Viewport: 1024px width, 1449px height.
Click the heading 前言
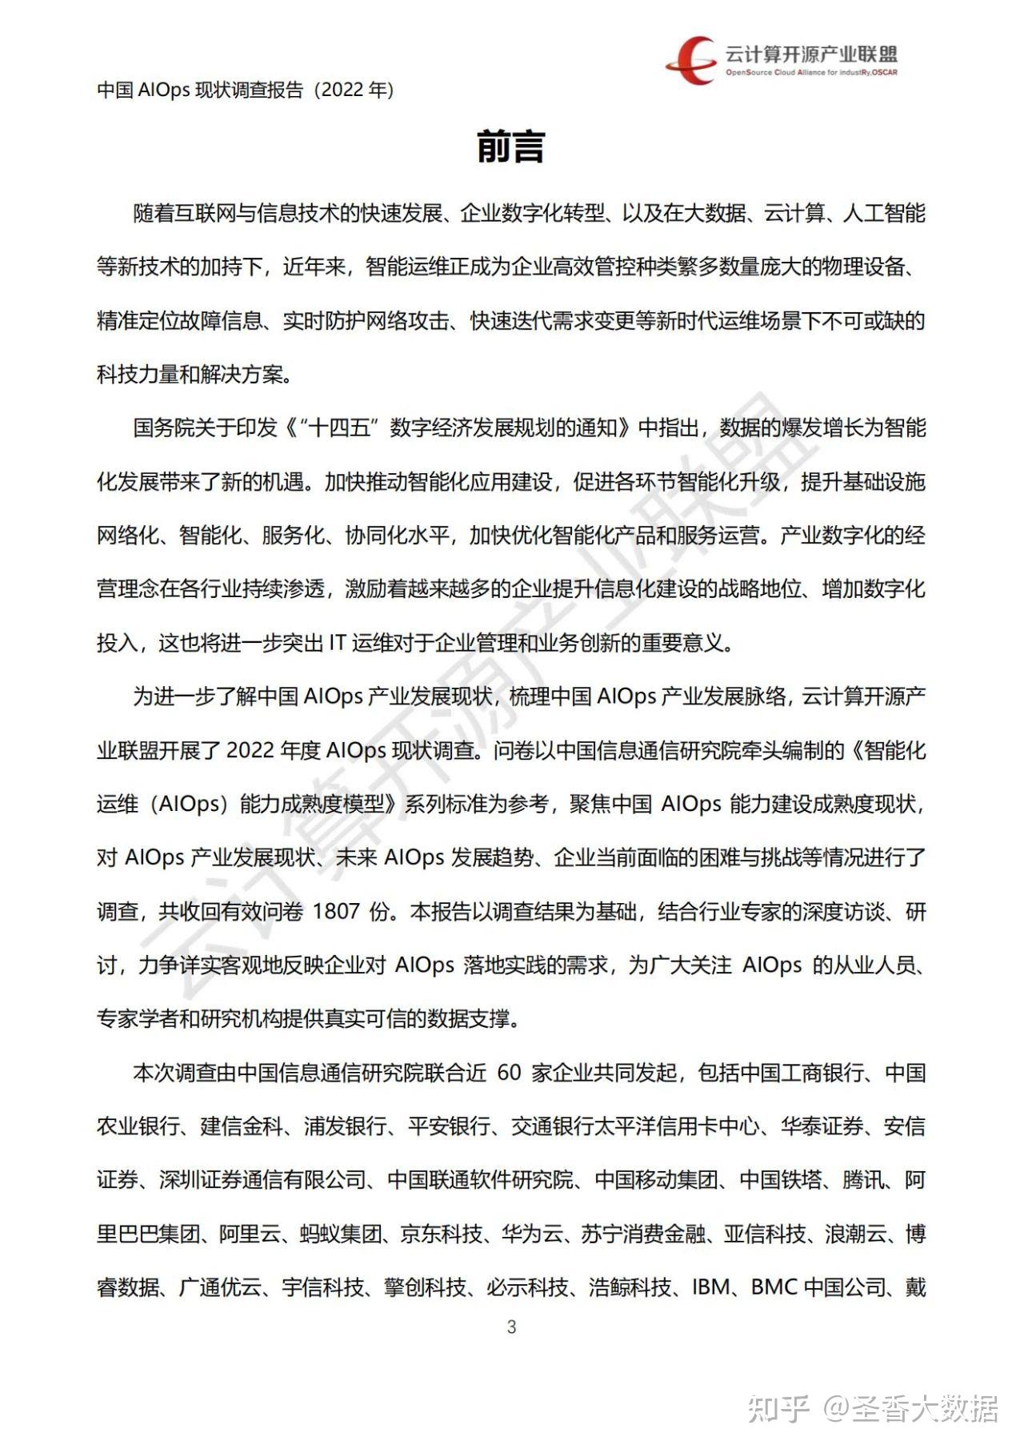(510, 147)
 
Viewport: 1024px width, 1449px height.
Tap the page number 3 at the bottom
(512, 1327)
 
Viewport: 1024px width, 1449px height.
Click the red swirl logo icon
(690, 59)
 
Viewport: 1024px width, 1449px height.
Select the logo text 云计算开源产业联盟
(810, 54)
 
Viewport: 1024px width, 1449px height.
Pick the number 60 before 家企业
(509, 1073)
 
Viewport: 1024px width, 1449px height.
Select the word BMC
(774, 1287)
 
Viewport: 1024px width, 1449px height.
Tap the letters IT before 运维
(337, 643)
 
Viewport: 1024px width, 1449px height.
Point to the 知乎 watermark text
(778, 1408)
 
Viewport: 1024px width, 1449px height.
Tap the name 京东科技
(441, 1234)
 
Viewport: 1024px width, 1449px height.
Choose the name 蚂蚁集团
(342, 1234)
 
